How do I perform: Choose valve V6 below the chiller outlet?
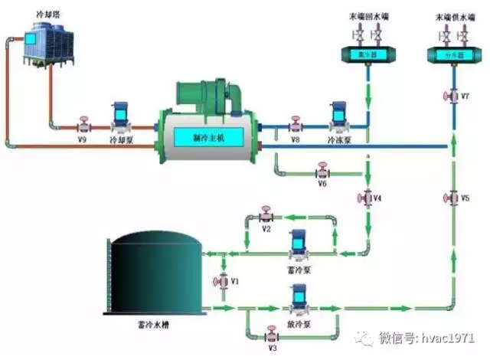click(323, 169)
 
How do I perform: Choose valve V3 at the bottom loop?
click(270, 335)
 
